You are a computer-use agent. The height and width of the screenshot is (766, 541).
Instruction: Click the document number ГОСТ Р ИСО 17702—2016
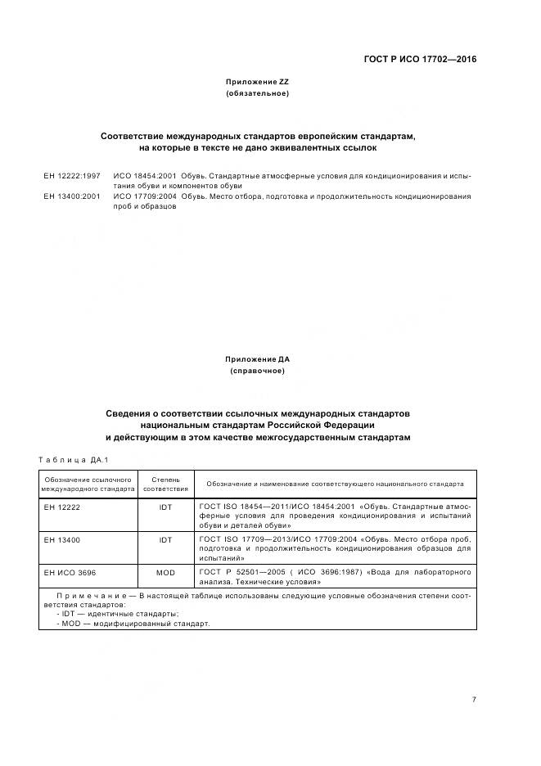click(419, 59)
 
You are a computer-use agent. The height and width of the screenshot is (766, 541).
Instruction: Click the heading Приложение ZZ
click(257, 83)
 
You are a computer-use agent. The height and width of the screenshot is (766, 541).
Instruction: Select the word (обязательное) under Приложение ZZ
click(257, 94)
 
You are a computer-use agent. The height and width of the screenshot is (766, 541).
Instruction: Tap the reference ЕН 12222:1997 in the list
click(72, 175)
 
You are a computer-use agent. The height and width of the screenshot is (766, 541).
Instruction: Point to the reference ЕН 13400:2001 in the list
click(72, 196)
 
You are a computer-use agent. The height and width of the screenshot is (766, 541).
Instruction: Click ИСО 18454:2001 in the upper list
click(145, 175)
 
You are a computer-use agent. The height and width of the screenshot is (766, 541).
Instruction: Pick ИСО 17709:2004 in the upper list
click(145, 196)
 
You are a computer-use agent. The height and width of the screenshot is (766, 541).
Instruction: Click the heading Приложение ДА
click(257, 359)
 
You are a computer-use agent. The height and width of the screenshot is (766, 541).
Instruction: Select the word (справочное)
click(257, 371)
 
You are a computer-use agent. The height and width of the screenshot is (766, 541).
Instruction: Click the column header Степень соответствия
click(165, 483)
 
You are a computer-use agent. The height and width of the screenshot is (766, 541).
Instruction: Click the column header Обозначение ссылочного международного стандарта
click(88, 483)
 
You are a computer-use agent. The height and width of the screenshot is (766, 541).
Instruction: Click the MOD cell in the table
click(165, 573)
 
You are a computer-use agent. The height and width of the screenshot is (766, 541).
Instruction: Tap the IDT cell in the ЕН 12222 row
click(165, 507)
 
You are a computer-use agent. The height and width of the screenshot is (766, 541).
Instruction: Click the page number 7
click(474, 700)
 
